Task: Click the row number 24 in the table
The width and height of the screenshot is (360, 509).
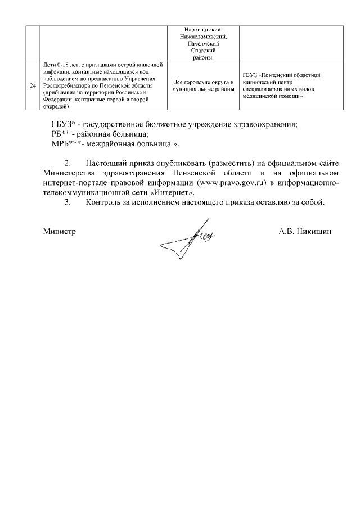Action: (x=33, y=85)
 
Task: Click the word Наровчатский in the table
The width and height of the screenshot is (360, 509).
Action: (x=204, y=30)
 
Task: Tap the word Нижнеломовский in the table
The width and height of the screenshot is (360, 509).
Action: (x=204, y=37)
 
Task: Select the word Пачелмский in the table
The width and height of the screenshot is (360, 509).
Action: (x=203, y=43)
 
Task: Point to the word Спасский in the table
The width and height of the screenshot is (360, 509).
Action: (x=203, y=50)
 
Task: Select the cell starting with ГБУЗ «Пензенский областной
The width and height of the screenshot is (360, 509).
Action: (x=282, y=85)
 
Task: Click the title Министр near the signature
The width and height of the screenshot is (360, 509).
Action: (x=59, y=231)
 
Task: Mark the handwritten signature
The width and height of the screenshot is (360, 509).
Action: (x=185, y=238)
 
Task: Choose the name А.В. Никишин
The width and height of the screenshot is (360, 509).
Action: (x=305, y=231)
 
